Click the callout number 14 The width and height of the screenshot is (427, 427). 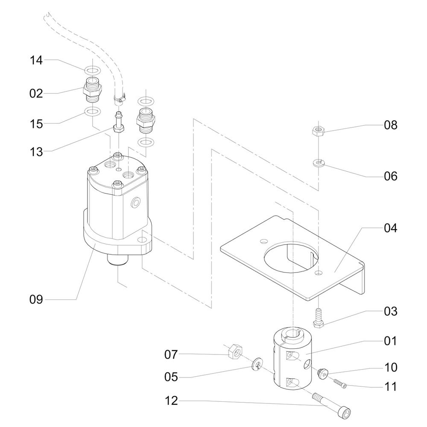pos(36,60)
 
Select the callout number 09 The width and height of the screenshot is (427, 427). pos(36,300)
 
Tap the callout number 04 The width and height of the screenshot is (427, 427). pos(391,228)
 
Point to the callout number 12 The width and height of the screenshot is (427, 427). pos(171,401)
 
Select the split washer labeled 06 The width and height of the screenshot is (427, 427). pos(318,163)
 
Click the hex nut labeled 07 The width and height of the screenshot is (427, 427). pos(235,351)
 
